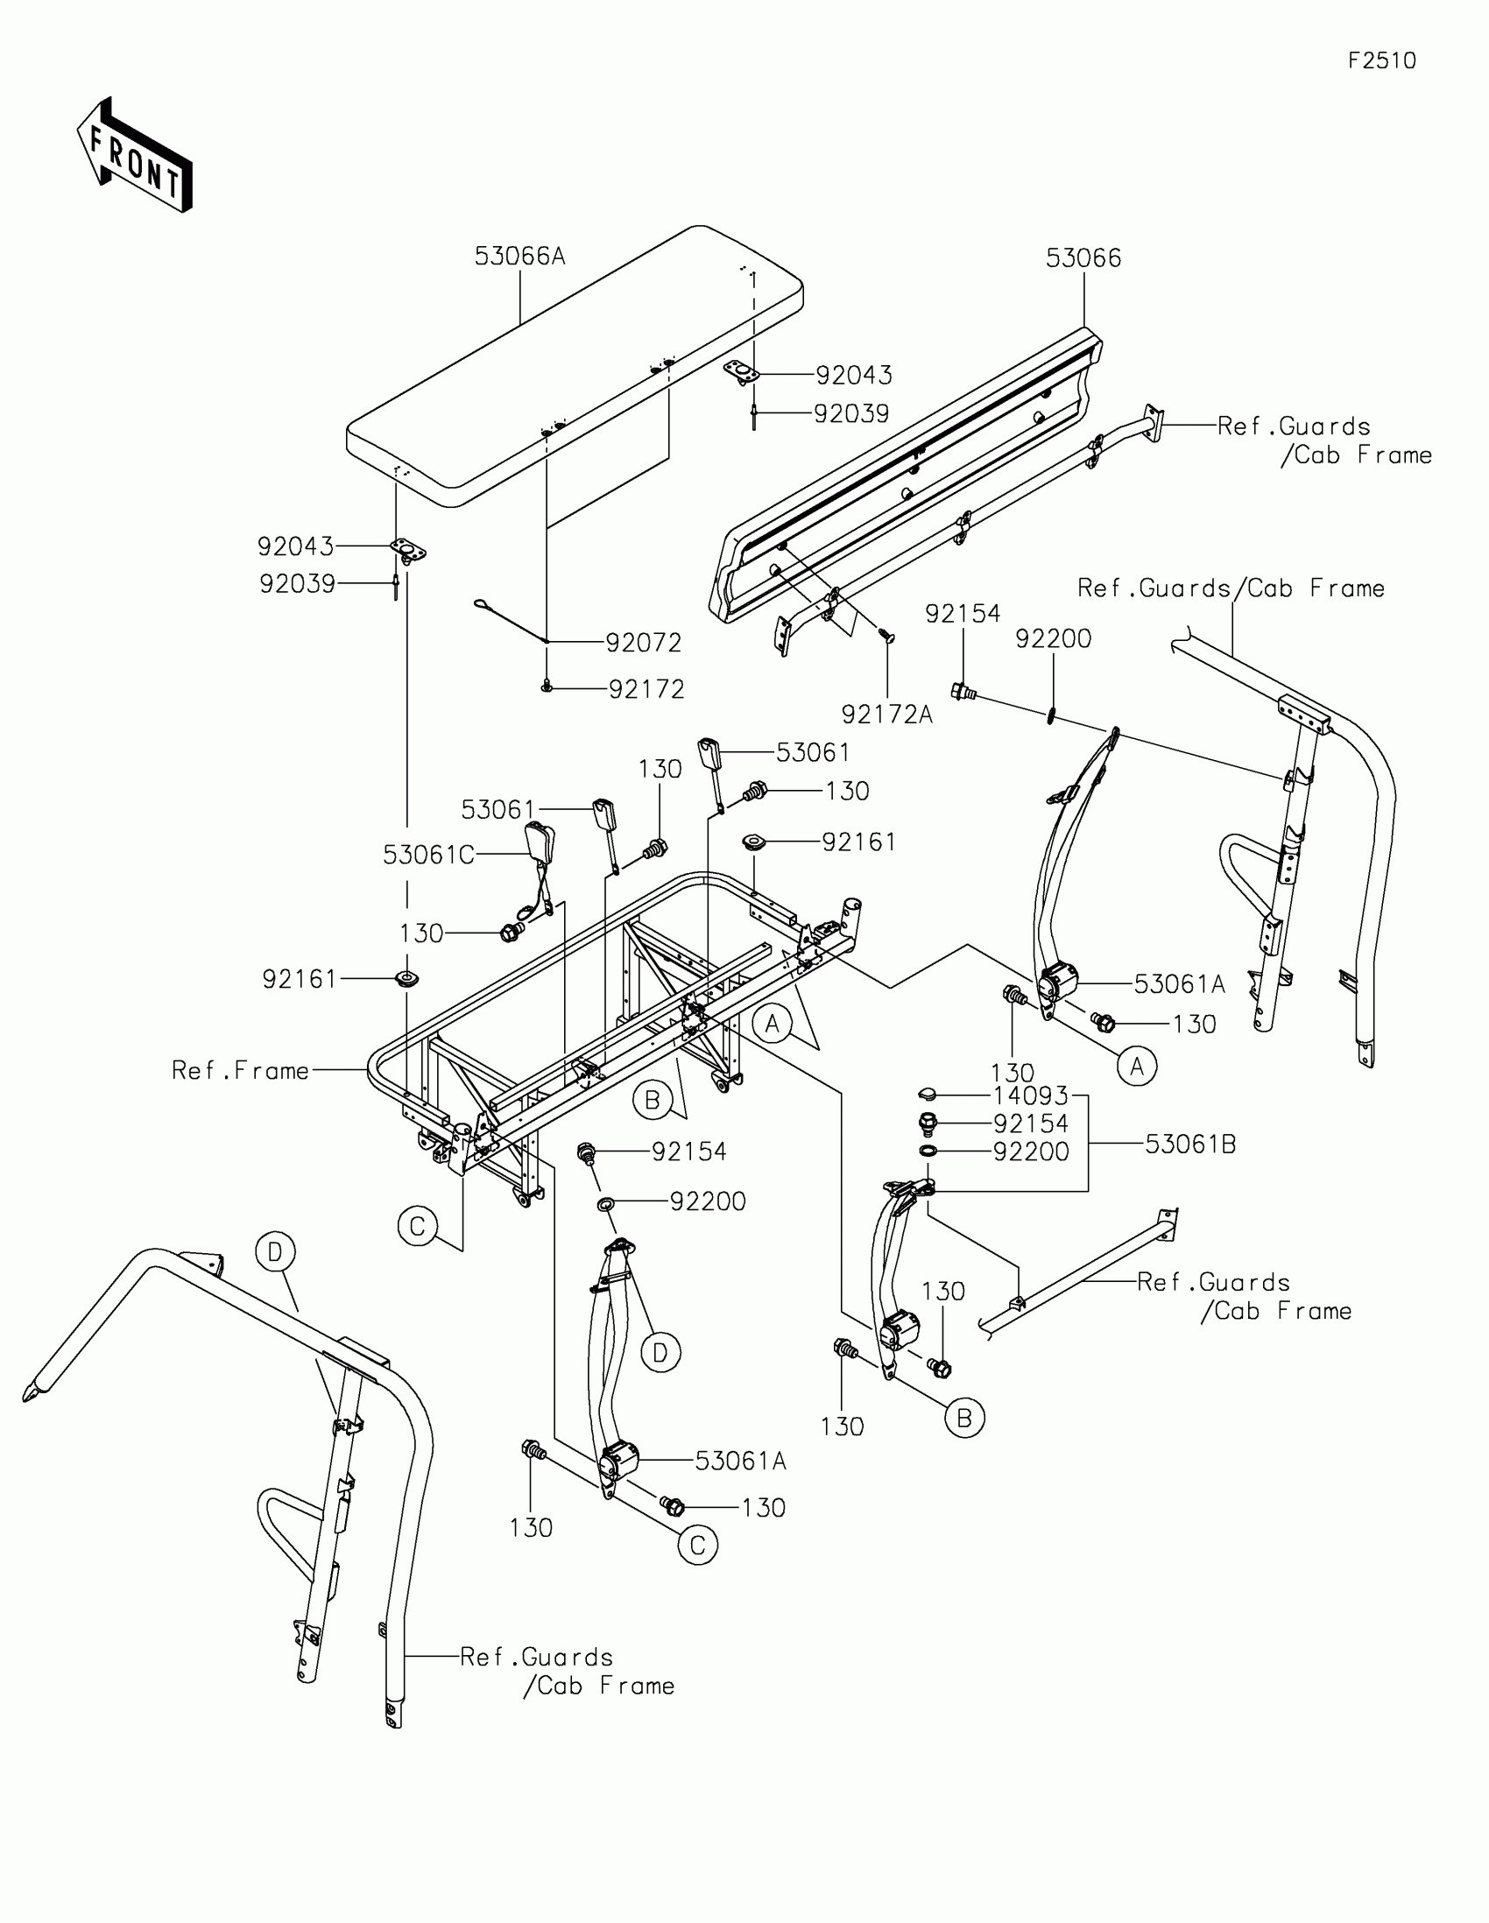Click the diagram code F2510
1381,60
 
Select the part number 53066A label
519,257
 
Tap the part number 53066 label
1083,258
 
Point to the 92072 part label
644,643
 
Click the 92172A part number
886,714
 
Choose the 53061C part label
429,855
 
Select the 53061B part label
1190,1145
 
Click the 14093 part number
1030,1095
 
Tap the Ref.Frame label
240,1071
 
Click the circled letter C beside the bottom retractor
697,1546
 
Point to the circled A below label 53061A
1137,1067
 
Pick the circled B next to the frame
653,1101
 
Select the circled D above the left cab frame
276,1252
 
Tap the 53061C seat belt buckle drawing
538,844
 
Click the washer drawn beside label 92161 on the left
406,978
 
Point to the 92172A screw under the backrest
886,636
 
